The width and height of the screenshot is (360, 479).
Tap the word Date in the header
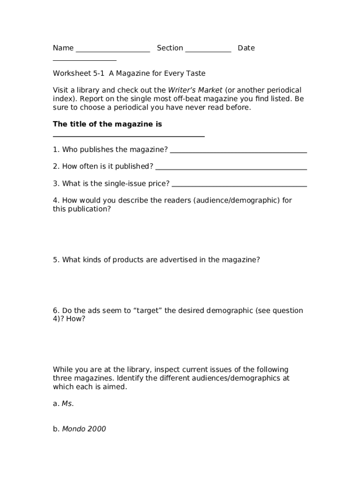coord(246,48)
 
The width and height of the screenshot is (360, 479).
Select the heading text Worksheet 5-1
coord(79,73)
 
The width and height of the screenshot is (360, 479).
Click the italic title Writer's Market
coord(195,90)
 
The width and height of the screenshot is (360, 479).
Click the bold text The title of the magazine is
coord(108,124)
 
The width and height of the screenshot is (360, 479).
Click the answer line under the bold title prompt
coord(129,136)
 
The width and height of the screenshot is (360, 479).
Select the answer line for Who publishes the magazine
coord(238,152)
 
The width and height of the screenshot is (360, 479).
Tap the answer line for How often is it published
coord(231,169)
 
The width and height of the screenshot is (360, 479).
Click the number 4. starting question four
coord(56,200)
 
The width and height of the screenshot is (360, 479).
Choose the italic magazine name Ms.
coord(68,404)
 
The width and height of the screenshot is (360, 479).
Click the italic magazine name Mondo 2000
coord(84,429)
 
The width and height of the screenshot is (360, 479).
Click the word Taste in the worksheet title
coord(196,73)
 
